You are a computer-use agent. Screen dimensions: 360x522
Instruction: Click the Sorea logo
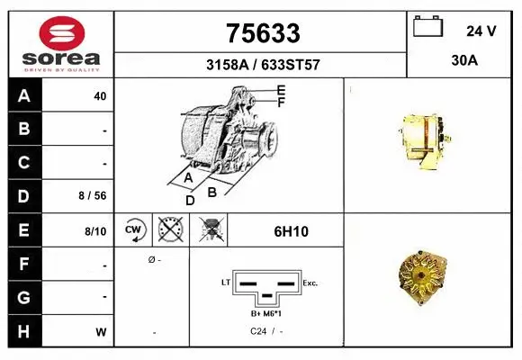click(x=60, y=43)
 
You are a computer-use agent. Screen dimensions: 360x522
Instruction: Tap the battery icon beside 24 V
click(x=428, y=28)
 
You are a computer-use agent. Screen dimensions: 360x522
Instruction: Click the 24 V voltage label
click(x=481, y=31)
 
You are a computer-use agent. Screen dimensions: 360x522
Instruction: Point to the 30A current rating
click(x=464, y=62)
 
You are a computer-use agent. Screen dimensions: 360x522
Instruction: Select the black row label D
click(x=23, y=196)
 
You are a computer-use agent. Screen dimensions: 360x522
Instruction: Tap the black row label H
click(x=23, y=330)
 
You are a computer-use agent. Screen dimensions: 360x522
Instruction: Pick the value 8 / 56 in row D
click(x=94, y=196)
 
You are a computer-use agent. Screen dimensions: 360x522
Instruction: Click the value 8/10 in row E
click(x=95, y=231)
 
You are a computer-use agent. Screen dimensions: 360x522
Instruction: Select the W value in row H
click(x=101, y=331)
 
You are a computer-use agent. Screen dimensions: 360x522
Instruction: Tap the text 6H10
click(x=291, y=231)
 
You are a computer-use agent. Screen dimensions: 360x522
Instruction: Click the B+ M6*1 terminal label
click(x=267, y=313)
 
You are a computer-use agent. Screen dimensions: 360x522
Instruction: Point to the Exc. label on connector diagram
click(x=311, y=283)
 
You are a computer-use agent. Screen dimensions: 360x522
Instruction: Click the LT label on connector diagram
click(x=226, y=283)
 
